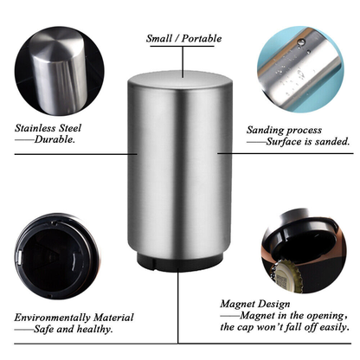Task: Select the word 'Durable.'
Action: pyautogui.click(x=55, y=138)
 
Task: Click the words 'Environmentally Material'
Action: pyautogui.click(x=62, y=318)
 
